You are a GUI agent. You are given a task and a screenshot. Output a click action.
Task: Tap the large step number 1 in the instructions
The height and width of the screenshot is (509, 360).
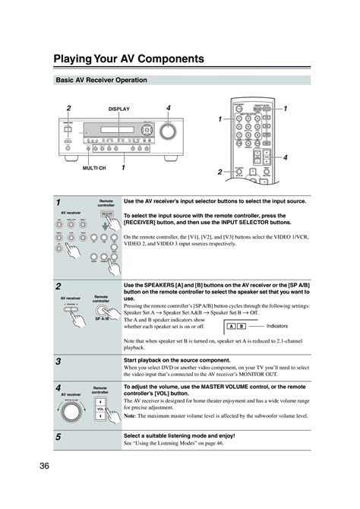(58, 204)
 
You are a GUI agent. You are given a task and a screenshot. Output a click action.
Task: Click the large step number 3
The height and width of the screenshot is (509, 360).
(58, 362)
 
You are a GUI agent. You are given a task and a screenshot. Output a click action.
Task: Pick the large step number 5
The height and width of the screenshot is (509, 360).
(58, 438)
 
